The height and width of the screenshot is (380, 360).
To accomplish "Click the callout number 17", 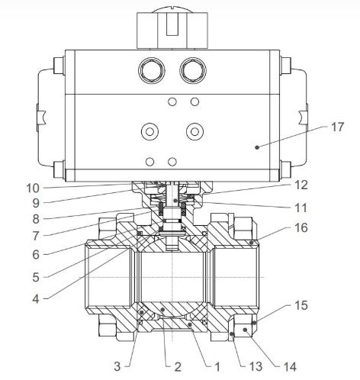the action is pyautogui.click(x=337, y=127).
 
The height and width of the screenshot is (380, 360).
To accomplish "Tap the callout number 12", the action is pyautogui.click(x=301, y=185).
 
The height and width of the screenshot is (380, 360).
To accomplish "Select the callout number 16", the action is pyautogui.click(x=301, y=227).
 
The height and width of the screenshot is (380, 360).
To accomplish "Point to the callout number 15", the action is pyautogui.click(x=301, y=305).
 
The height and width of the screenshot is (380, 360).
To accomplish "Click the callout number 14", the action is pyautogui.click(x=290, y=367).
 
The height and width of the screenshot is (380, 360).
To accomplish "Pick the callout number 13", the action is pyautogui.click(x=256, y=366).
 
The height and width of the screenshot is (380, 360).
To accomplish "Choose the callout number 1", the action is pyautogui.click(x=217, y=367).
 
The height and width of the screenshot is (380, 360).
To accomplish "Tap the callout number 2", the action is pyautogui.click(x=178, y=367).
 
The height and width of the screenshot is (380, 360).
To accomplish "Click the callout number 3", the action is pyautogui.click(x=117, y=366).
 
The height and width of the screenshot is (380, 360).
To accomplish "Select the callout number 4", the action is pyautogui.click(x=36, y=299).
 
